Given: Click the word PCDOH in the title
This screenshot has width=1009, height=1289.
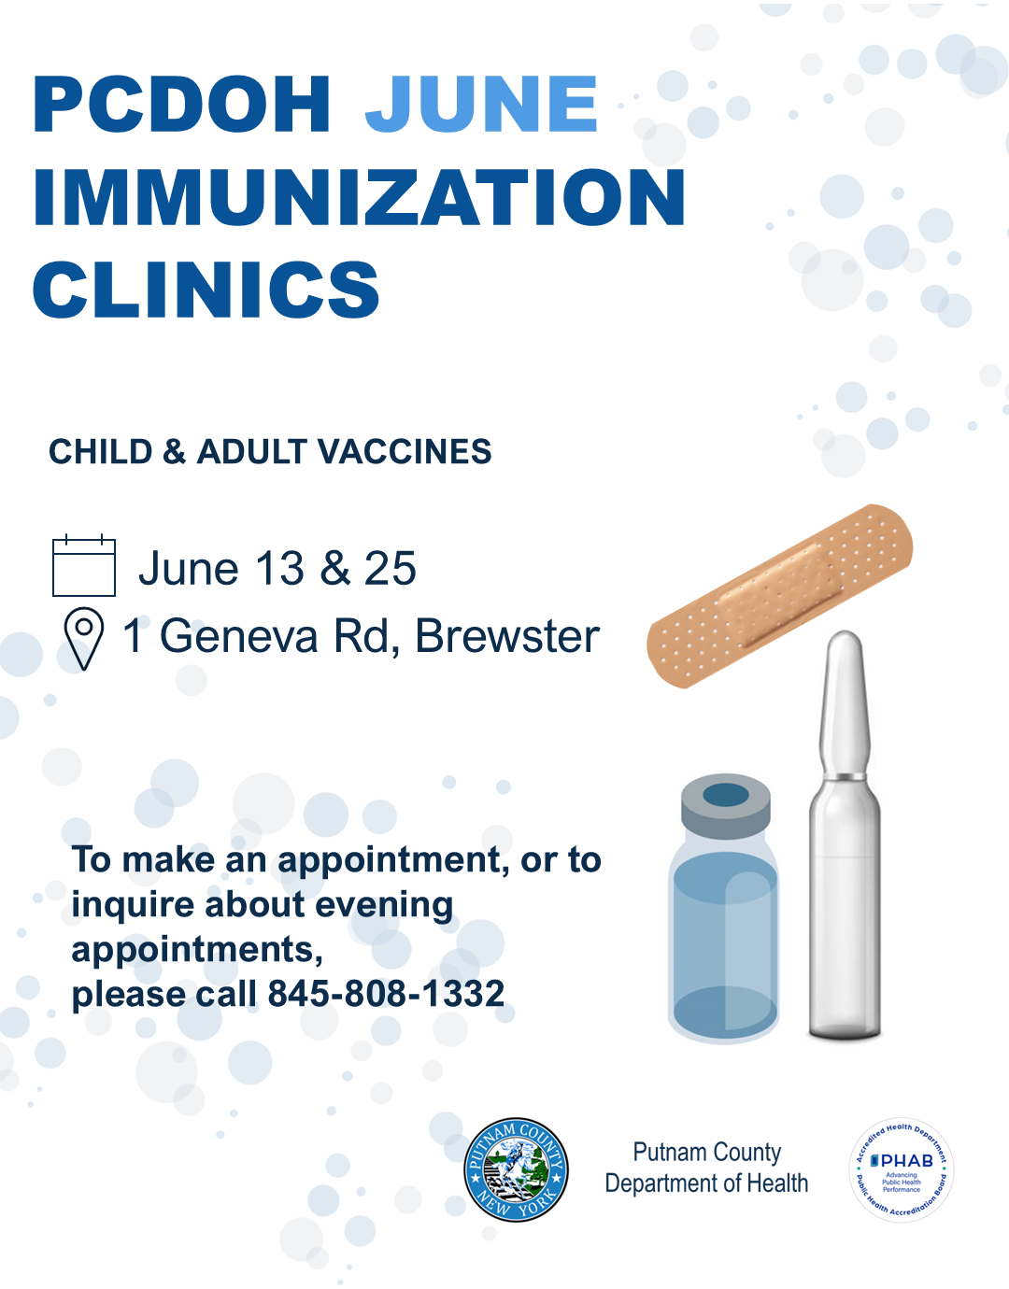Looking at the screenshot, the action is coord(181,104).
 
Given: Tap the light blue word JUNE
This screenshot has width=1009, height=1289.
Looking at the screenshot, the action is coord(481,104).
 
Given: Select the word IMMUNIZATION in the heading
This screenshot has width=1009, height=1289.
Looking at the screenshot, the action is coord(360,196).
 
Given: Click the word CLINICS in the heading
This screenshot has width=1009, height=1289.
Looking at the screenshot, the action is coord(206,290).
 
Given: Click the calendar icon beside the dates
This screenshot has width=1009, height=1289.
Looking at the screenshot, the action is coord(84,565).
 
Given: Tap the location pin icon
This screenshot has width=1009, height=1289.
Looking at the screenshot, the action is coord(84,638).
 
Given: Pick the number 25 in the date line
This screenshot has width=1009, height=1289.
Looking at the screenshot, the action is coord(390,568).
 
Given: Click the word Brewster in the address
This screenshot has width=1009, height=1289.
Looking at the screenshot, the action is coord(507,636).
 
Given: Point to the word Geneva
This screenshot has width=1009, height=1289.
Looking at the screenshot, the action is coord(239,636).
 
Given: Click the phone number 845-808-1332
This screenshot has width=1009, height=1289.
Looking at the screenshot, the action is coord(386,994).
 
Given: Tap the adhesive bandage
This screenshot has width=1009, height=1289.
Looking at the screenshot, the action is coord(779,596).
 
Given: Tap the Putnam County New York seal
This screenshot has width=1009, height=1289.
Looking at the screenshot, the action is coord(516,1169).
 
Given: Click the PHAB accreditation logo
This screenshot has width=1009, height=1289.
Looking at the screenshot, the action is coord(902,1169).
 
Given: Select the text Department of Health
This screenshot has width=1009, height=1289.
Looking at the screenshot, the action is coord(706,1183).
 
